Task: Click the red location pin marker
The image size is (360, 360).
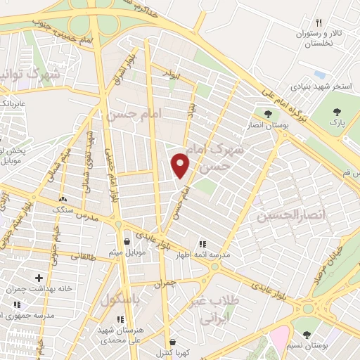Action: (x=181, y=165)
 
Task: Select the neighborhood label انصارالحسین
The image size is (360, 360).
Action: (x=284, y=216)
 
